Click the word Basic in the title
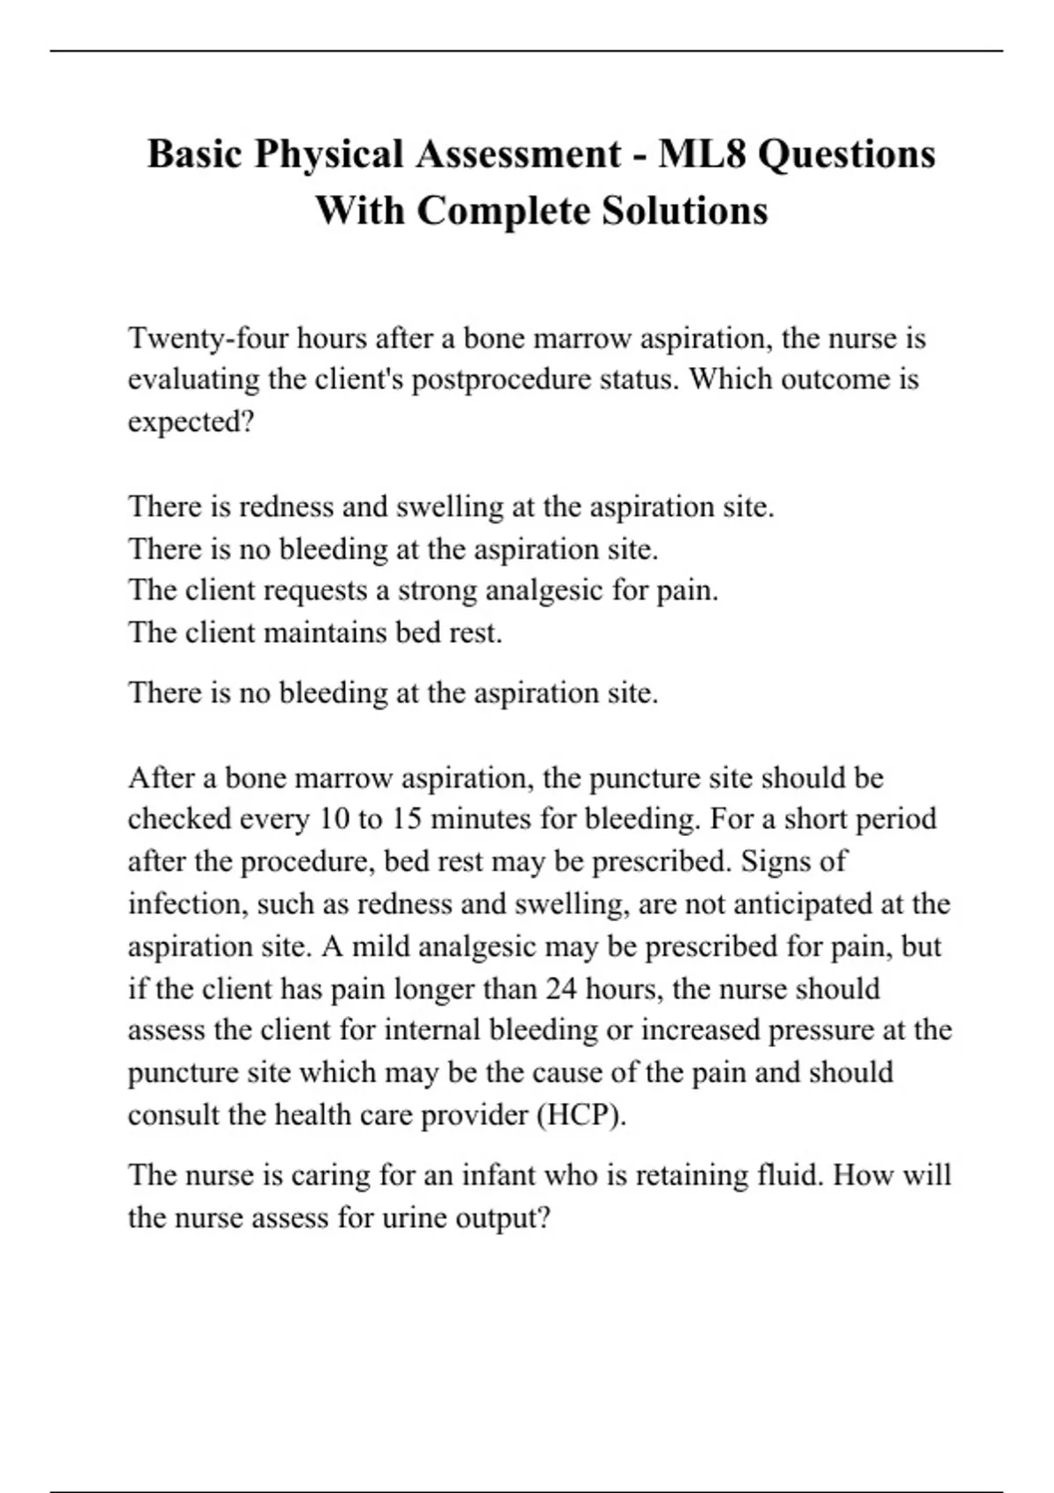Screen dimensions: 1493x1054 coord(194,154)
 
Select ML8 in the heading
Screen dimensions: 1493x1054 coord(701,154)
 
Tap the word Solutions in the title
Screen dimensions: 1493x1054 coord(684,211)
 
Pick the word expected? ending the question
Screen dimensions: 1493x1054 coord(191,422)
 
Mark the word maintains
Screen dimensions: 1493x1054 coord(325,632)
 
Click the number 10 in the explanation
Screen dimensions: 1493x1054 coord(334,819)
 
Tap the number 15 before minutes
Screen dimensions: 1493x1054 coord(406,819)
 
